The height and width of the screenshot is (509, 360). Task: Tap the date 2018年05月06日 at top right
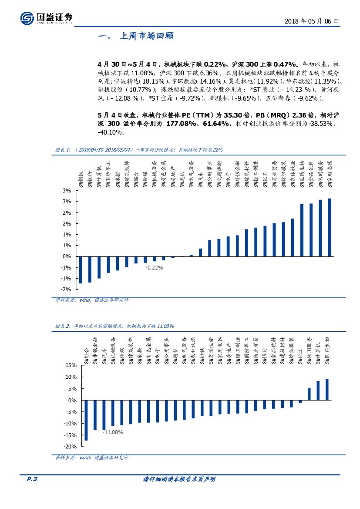click(311, 21)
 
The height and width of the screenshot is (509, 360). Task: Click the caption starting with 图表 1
click(138, 150)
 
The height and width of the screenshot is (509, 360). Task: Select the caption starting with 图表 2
click(114, 326)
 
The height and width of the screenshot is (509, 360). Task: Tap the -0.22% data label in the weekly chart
click(154, 268)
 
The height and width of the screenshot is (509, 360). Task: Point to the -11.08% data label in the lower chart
click(113, 432)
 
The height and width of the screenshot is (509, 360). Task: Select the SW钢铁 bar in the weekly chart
click(81, 270)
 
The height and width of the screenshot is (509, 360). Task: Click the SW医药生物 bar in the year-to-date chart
click(327, 389)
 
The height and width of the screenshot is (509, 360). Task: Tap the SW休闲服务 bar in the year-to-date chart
click(309, 394)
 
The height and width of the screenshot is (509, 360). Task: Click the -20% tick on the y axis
click(70, 447)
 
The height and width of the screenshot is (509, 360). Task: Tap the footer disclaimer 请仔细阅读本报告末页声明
click(179, 479)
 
